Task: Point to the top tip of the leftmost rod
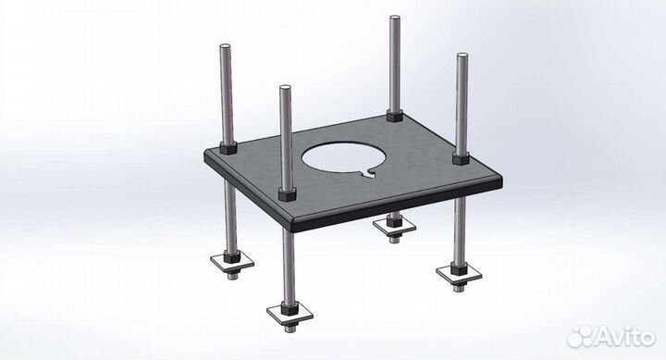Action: click(x=225, y=45)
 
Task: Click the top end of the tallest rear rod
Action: click(x=395, y=17)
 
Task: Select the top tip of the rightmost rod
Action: click(x=462, y=55)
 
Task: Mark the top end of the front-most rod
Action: click(x=285, y=87)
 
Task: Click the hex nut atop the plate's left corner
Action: click(x=228, y=148)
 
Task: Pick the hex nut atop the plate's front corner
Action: click(x=288, y=194)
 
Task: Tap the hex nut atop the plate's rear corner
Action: click(x=395, y=115)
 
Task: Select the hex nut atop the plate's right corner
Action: click(x=461, y=158)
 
